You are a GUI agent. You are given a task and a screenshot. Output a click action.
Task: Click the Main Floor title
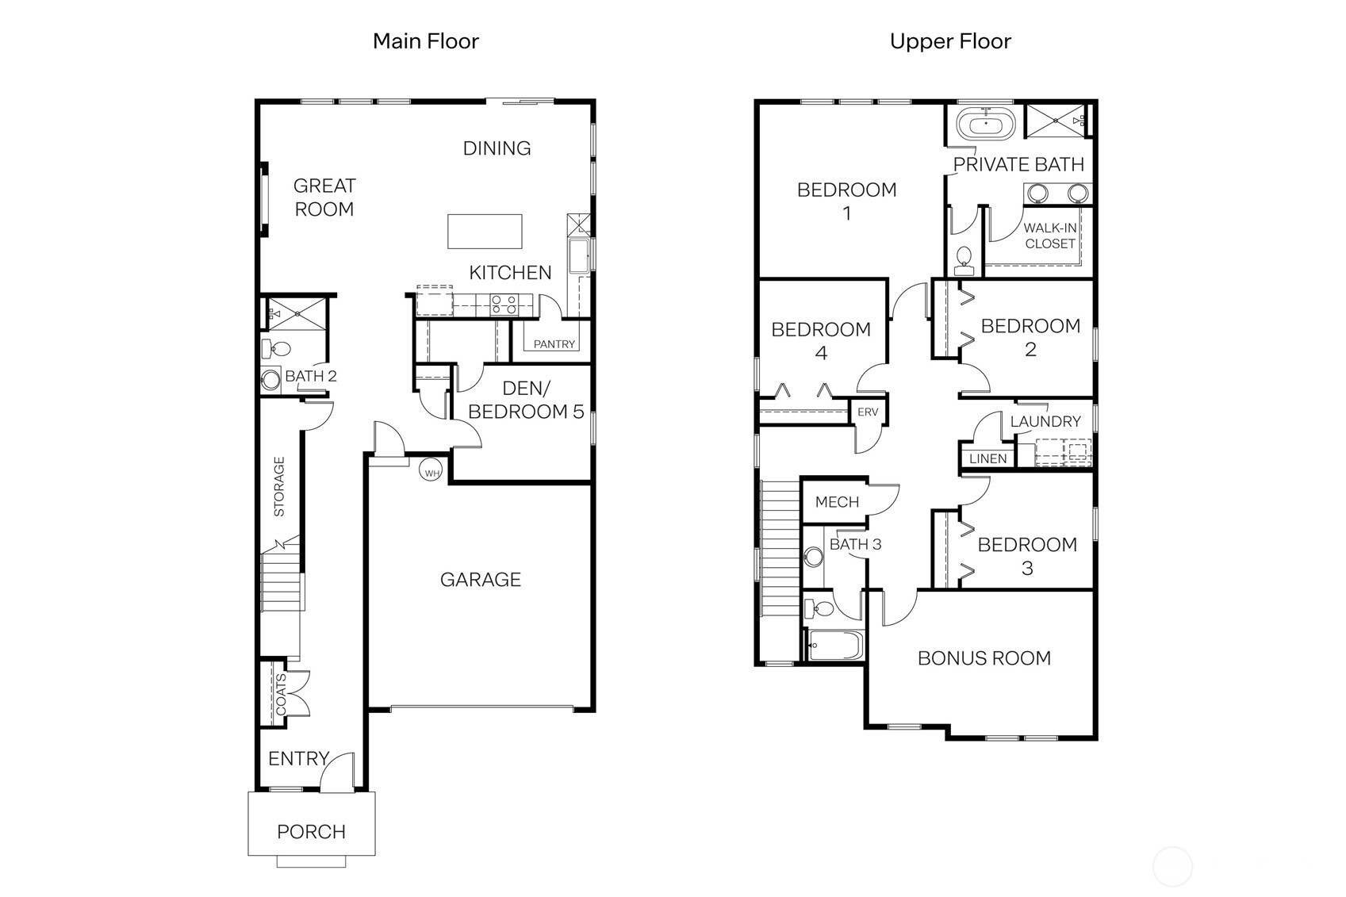(426, 41)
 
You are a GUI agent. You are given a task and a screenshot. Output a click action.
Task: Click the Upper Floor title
(950, 41)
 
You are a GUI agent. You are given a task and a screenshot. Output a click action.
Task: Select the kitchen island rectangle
(485, 231)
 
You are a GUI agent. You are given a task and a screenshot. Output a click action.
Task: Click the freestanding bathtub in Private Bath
(985, 125)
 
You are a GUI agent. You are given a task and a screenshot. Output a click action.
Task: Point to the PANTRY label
(554, 344)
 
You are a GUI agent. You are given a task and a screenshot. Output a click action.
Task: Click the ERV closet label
(868, 412)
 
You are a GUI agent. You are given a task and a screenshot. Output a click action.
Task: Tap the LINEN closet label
(987, 458)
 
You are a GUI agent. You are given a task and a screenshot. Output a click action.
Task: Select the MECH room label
(837, 502)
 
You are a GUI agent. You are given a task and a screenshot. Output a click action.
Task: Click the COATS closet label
(281, 695)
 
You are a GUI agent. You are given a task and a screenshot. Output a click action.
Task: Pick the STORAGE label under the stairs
(279, 486)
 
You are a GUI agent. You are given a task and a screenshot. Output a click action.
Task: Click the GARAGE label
(481, 580)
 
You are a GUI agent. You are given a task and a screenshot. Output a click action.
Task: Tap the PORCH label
(311, 832)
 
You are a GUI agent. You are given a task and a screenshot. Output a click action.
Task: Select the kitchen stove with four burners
(504, 304)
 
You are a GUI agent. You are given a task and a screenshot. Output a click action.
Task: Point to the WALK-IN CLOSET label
(1049, 236)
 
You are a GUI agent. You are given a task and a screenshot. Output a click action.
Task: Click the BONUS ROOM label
(984, 658)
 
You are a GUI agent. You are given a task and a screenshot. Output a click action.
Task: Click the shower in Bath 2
(296, 313)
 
